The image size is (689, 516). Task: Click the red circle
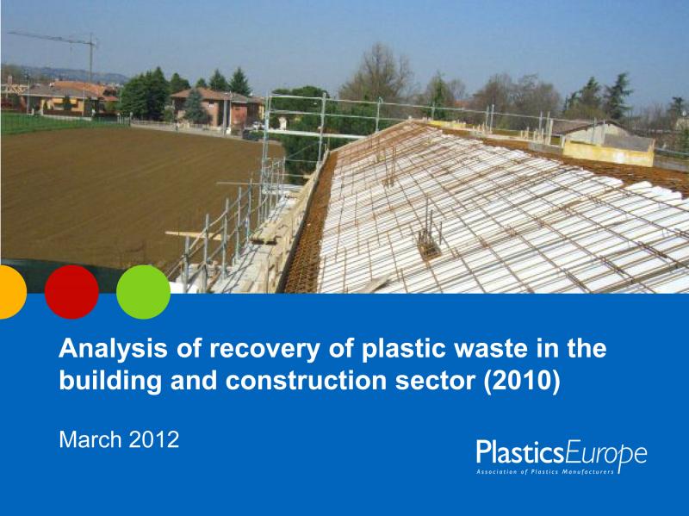point(71,292)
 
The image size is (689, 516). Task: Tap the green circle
point(143,292)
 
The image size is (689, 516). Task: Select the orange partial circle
point(13,292)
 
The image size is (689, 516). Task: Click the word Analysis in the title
point(113,349)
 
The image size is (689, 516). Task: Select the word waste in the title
point(490,349)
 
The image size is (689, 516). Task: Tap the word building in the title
point(110,381)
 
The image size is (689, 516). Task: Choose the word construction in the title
point(306,381)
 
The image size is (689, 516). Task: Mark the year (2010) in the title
point(522,381)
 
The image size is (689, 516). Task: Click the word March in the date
point(90,439)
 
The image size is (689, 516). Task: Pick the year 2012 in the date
point(154,439)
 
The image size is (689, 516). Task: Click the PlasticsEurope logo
point(562,457)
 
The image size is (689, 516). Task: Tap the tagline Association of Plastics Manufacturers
point(545,472)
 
